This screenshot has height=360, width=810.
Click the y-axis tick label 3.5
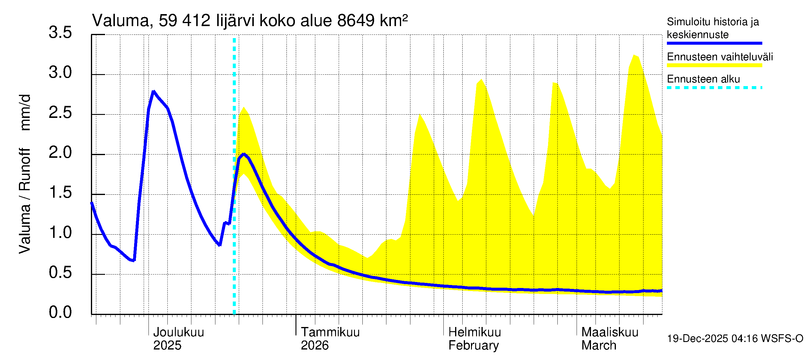(x=60, y=33)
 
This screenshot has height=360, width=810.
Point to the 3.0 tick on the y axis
(x=60, y=73)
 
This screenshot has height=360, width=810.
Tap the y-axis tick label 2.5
(x=60, y=113)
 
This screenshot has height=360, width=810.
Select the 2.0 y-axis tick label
(x=60, y=153)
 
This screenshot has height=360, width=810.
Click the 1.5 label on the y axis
(x=60, y=193)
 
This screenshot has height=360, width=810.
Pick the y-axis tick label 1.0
(x=60, y=233)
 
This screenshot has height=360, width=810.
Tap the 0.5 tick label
(x=60, y=273)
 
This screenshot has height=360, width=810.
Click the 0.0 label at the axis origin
(x=60, y=313)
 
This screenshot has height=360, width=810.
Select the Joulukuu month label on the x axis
(x=178, y=332)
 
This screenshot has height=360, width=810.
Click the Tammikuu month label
(x=330, y=332)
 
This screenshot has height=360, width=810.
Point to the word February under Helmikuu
(x=473, y=346)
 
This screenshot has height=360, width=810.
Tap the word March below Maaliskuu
(x=599, y=346)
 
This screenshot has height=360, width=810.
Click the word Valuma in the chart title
(x=120, y=21)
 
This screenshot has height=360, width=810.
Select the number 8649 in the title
(x=355, y=21)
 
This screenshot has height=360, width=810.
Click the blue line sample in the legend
(x=714, y=43)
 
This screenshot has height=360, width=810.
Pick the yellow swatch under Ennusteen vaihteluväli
(x=714, y=65)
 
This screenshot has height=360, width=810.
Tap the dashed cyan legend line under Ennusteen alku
(x=714, y=88)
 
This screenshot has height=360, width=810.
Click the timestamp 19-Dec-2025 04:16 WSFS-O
(x=735, y=339)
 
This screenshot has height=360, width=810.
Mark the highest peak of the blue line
(x=153, y=91)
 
